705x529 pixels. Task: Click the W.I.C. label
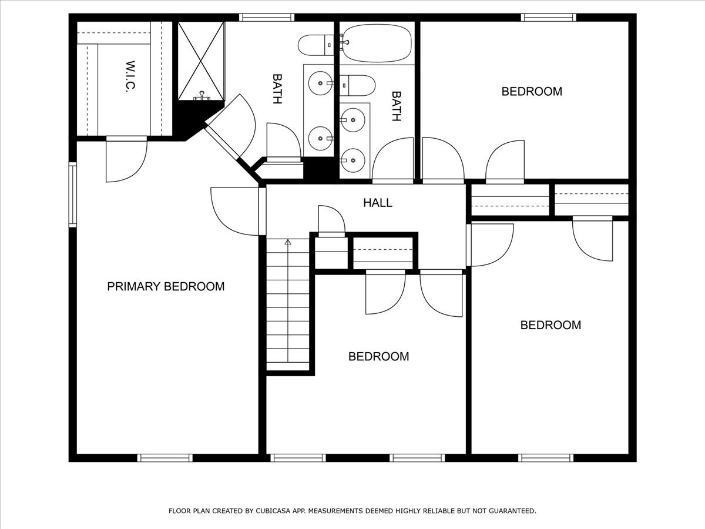[130, 76]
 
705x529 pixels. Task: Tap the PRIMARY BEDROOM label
[166, 287]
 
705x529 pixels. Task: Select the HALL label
[378, 203]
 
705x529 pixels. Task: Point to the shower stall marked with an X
[201, 60]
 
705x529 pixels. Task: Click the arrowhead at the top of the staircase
[288, 241]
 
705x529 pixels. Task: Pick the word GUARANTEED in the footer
[508, 511]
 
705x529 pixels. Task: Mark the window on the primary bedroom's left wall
[73, 195]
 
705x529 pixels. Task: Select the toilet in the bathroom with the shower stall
[315, 43]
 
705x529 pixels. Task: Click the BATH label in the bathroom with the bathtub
[396, 106]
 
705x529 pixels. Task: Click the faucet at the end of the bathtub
[344, 42]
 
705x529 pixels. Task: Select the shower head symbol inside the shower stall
[202, 95]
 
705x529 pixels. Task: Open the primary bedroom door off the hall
[235, 210]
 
